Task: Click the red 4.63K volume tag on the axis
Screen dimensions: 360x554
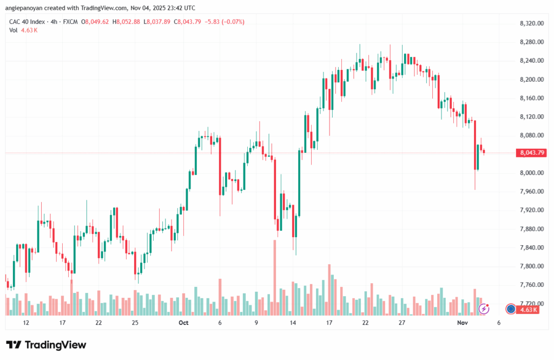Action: pos(527,309)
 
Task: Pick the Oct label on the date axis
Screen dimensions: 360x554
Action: pos(183,323)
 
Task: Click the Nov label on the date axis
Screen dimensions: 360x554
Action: pos(462,323)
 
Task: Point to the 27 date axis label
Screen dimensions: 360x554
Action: pos(402,323)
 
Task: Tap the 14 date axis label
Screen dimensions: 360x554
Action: pos(293,323)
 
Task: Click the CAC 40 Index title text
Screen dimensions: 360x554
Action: pos(26,22)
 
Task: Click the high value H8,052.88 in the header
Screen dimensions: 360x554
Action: pos(125,22)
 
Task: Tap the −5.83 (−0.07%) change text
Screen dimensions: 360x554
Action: pos(223,22)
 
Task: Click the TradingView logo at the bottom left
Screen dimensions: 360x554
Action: pos(46,345)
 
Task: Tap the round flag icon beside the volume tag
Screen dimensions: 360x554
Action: pos(510,309)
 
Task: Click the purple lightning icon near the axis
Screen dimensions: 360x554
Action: pos(485,309)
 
